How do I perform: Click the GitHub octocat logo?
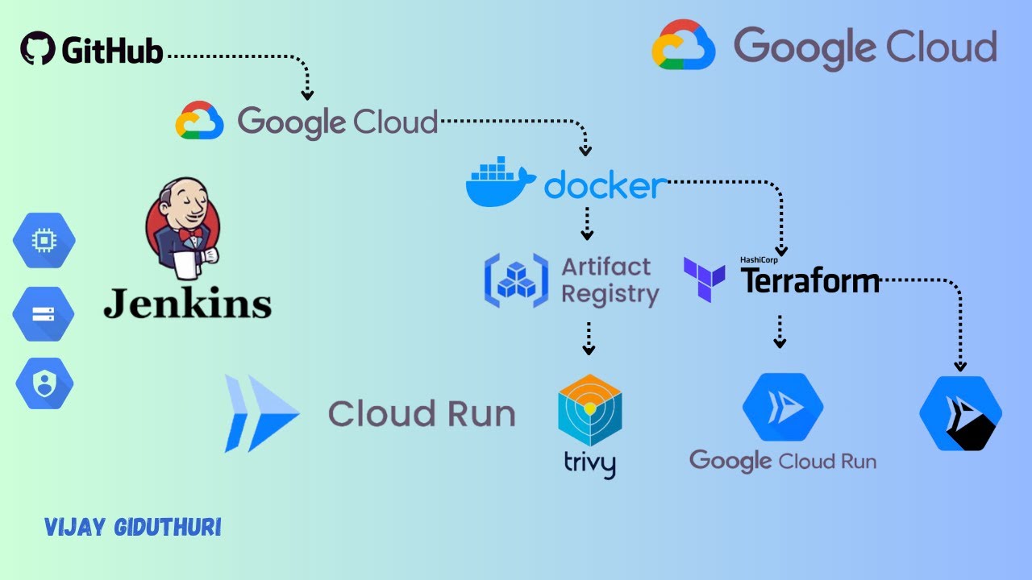[x=38, y=49]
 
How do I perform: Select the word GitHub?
[x=112, y=51]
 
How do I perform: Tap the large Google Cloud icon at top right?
[x=684, y=45]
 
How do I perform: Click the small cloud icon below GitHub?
[x=199, y=121]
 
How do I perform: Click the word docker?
[x=605, y=185]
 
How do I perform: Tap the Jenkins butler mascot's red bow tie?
[x=190, y=234]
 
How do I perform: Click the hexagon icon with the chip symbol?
[x=44, y=240]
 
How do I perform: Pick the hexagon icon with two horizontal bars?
[x=44, y=313]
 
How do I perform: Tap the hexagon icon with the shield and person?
[x=44, y=383]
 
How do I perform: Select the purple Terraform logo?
[x=704, y=280]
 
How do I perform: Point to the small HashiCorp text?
[x=759, y=260]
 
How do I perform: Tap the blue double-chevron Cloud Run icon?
[x=261, y=412]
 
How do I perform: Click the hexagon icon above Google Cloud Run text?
[x=782, y=407]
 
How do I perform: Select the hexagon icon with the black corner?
[x=960, y=412]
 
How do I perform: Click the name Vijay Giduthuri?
[x=132, y=528]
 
